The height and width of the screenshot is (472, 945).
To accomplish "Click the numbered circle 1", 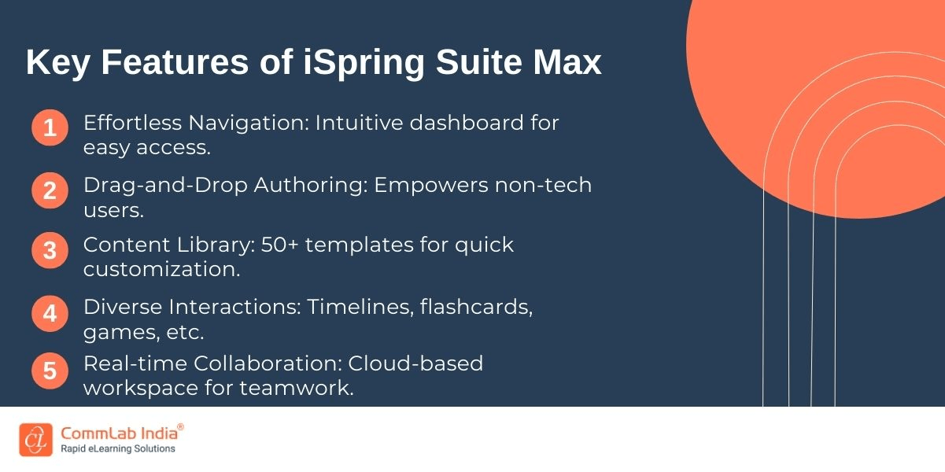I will pyautogui.click(x=50, y=128).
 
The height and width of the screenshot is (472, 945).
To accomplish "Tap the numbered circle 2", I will pyautogui.click(x=50, y=190).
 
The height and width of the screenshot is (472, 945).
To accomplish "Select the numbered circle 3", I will pyautogui.click(x=50, y=251).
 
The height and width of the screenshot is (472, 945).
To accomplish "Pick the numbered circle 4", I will pyautogui.click(x=50, y=313).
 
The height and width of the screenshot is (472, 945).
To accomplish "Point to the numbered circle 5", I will pyautogui.click(x=50, y=371).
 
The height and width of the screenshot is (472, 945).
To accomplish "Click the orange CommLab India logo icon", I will pyautogui.click(x=35, y=440).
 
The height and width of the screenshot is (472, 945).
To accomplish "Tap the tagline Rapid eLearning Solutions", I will pyautogui.click(x=118, y=449).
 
